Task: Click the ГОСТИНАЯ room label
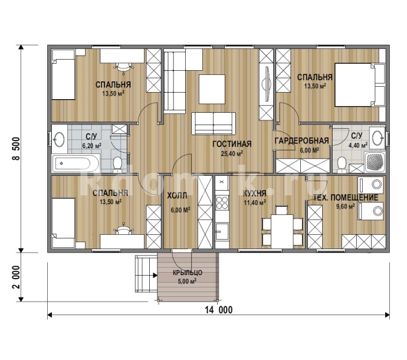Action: [232, 144]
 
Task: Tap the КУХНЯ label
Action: [254, 194]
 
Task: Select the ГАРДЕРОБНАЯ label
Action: [301, 141]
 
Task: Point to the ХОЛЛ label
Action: [177, 195]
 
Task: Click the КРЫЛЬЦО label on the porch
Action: [188, 273]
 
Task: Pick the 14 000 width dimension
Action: [219, 310]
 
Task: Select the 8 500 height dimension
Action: [17, 149]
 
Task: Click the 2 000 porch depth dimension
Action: [17, 277]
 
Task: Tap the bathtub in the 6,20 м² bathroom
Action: [76, 163]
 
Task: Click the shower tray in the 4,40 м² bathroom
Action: [375, 162]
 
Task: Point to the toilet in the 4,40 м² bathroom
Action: [342, 165]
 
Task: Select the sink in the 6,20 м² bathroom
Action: [60, 139]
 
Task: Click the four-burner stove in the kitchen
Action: [222, 202]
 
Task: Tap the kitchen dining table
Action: [282, 231]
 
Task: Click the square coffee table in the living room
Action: [212, 89]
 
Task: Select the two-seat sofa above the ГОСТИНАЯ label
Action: [214, 123]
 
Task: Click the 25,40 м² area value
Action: [232, 153]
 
